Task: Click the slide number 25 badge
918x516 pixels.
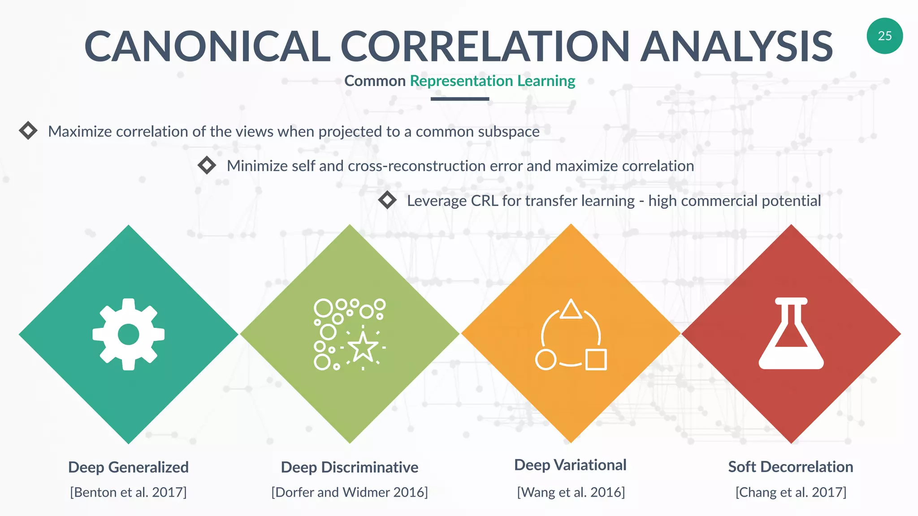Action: [884, 36]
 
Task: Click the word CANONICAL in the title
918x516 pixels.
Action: [207, 47]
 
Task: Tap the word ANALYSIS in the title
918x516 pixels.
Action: [736, 47]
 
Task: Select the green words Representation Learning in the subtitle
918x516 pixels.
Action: [492, 81]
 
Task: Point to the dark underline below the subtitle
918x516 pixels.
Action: [459, 99]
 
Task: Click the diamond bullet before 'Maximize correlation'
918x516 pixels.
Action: [28, 130]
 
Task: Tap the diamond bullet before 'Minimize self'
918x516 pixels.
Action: [207, 165]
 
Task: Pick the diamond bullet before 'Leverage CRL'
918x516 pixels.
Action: [387, 200]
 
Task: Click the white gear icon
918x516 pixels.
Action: [129, 334]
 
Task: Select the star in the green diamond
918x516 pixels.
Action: [363, 347]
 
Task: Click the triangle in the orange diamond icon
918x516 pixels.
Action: [571, 310]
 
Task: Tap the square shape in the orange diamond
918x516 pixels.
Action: [596, 359]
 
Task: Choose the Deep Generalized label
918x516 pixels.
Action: [128, 467]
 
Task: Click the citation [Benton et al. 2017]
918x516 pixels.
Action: [128, 492]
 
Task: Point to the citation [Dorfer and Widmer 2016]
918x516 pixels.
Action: [350, 492]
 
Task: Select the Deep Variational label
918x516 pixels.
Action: [570, 465]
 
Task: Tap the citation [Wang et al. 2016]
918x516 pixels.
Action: [571, 492]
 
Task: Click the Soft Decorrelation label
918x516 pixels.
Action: [791, 467]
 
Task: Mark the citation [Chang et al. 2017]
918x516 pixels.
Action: [791, 492]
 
